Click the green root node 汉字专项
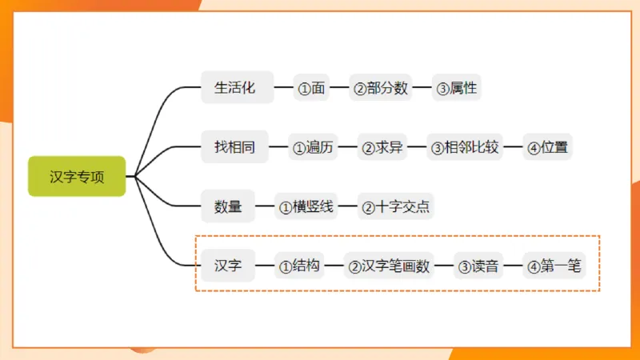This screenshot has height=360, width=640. click(x=77, y=177)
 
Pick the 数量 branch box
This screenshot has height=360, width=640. click(x=228, y=206)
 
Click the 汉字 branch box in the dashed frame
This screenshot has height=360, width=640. click(x=228, y=266)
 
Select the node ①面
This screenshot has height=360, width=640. click(x=311, y=88)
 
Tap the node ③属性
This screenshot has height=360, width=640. click(x=456, y=88)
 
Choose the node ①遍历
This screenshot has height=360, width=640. click(x=312, y=147)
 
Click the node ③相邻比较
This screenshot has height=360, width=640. click(x=464, y=147)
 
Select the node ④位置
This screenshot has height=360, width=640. click(x=549, y=147)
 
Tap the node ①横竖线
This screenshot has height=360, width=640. click(x=306, y=206)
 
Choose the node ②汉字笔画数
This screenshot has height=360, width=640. click(x=389, y=266)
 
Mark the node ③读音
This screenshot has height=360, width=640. click(x=478, y=266)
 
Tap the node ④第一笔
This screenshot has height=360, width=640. click(x=554, y=266)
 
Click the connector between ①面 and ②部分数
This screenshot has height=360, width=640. click(x=339, y=88)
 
